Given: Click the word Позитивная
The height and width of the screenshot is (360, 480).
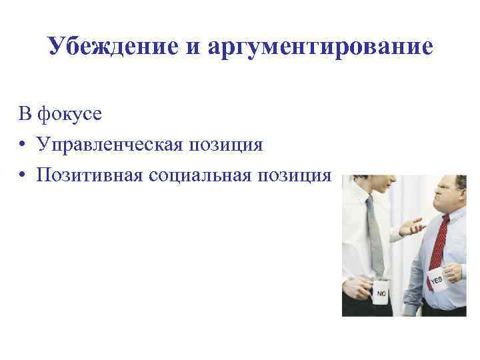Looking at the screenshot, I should pyautogui.click(x=85, y=175).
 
